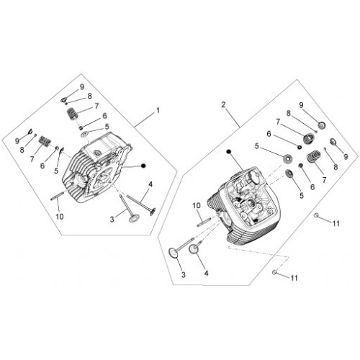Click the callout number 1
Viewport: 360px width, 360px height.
coord(158,111)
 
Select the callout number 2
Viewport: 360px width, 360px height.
coord(224,104)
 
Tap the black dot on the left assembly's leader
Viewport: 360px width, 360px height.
coord(143,166)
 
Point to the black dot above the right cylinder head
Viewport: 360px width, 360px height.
coord(229,151)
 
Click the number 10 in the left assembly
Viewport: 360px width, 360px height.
coord(60,217)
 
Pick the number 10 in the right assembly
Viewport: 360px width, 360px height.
coord(197,206)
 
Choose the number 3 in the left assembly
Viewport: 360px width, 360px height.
coord(112,220)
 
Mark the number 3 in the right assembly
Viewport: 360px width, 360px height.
coord(184,275)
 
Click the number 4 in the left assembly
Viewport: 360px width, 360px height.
coord(150,184)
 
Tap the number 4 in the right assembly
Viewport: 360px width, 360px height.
coord(206,273)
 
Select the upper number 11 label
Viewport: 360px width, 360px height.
coord(336,223)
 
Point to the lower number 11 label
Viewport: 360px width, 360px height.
coord(294,278)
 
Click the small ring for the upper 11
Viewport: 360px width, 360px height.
coord(317,215)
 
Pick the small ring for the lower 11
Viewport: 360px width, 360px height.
coord(274,272)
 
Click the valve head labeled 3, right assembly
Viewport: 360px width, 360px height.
coord(174,253)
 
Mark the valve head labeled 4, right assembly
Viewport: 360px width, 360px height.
coord(194,249)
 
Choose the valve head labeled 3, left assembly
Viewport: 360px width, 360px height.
coord(132,219)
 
